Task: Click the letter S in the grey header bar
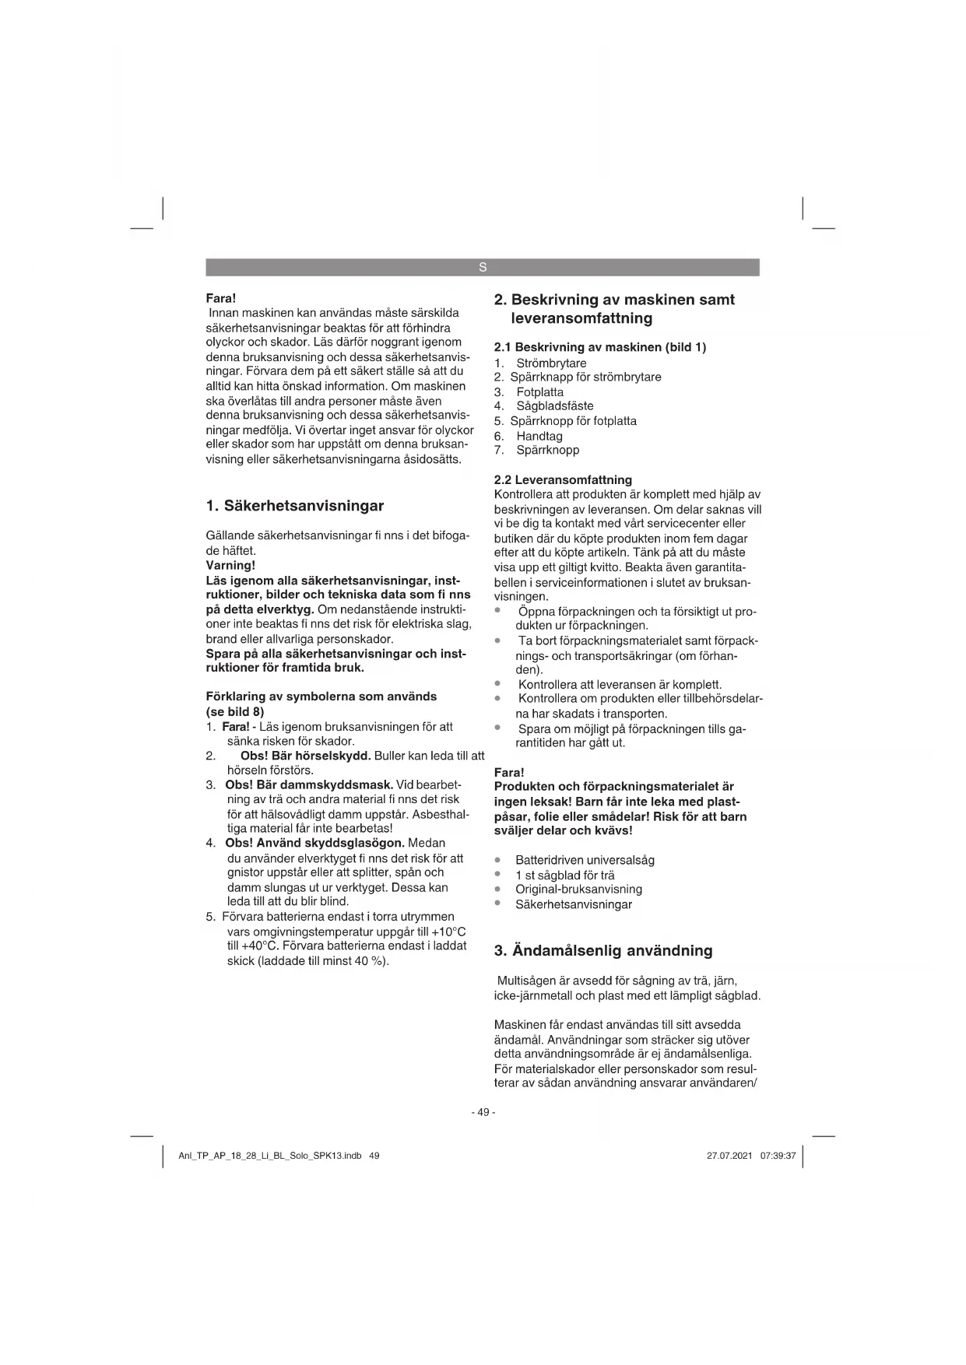tap(483, 268)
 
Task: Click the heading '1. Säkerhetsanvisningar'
tap(295, 506)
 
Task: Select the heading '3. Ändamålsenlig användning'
tap(603, 950)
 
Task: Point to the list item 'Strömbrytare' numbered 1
tap(551, 363)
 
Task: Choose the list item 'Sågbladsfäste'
tap(554, 406)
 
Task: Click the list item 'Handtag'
tap(539, 436)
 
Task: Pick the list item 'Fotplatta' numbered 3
tap(539, 392)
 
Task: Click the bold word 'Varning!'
tap(230, 565)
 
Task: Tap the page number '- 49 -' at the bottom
tap(483, 1112)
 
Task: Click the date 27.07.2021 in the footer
tap(729, 1156)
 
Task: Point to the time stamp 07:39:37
tap(778, 1156)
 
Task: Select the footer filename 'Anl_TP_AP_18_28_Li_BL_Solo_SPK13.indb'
tap(269, 1156)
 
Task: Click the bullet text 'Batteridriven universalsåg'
tap(585, 860)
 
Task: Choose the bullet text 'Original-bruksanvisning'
tap(578, 890)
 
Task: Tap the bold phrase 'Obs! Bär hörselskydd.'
tap(305, 756)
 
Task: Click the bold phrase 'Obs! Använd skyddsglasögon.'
tap(314, 843)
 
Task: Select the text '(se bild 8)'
tap(235, 711)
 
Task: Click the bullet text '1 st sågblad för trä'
tap(564, 875)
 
